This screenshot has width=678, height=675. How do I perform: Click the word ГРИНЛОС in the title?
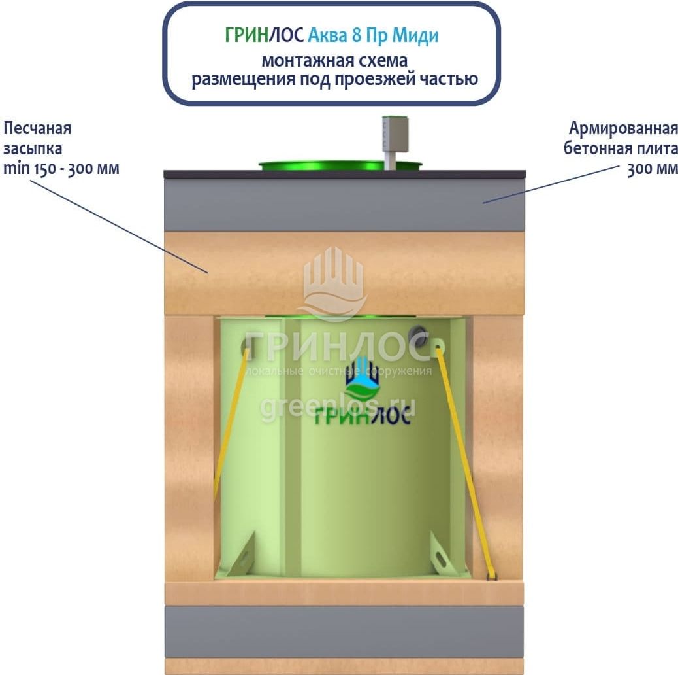pyautogui.click(x=264, y=35)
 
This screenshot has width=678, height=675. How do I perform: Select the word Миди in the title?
pyautogui.click(x=415, y=36)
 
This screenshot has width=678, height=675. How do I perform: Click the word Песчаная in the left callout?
pyautogui.click(x=37, y=129)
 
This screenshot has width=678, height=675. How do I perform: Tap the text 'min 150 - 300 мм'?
pyautogui.click(x=61, y=168)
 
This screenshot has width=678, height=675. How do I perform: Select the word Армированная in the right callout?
pyautogui.click(x=623, y=129)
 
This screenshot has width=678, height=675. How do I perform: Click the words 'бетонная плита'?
pyautogui.click(x=621, y=148)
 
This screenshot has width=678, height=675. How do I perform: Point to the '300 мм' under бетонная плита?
pyautogui.click(x=652, y=169)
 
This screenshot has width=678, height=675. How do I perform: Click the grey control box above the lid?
pyautogui.click(x=395, y=134)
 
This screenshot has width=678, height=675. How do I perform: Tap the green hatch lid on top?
pyautogui.click(x=340, y=165)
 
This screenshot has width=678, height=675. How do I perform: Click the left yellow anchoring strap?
pyautogui.click(x=230, y=424)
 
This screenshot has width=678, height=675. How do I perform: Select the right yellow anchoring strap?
pyautogui.click(x=466, y=462)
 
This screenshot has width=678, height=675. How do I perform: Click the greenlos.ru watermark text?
pyautogui.click(x=337, y=408)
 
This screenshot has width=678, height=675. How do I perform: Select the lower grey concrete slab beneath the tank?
pyautogui.click(x=344, y=632)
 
